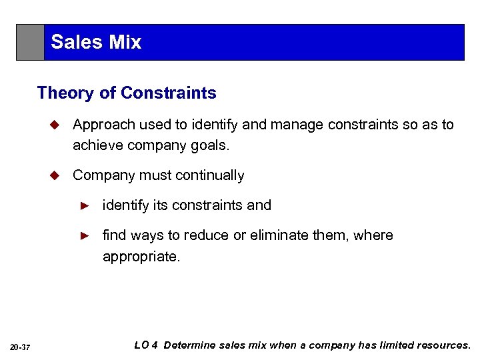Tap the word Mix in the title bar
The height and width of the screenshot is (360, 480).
125,42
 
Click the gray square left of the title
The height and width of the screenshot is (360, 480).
31,43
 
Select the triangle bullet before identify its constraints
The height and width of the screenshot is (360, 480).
85,205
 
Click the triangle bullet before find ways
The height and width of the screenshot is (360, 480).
85,235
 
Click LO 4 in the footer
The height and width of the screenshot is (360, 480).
146,345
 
